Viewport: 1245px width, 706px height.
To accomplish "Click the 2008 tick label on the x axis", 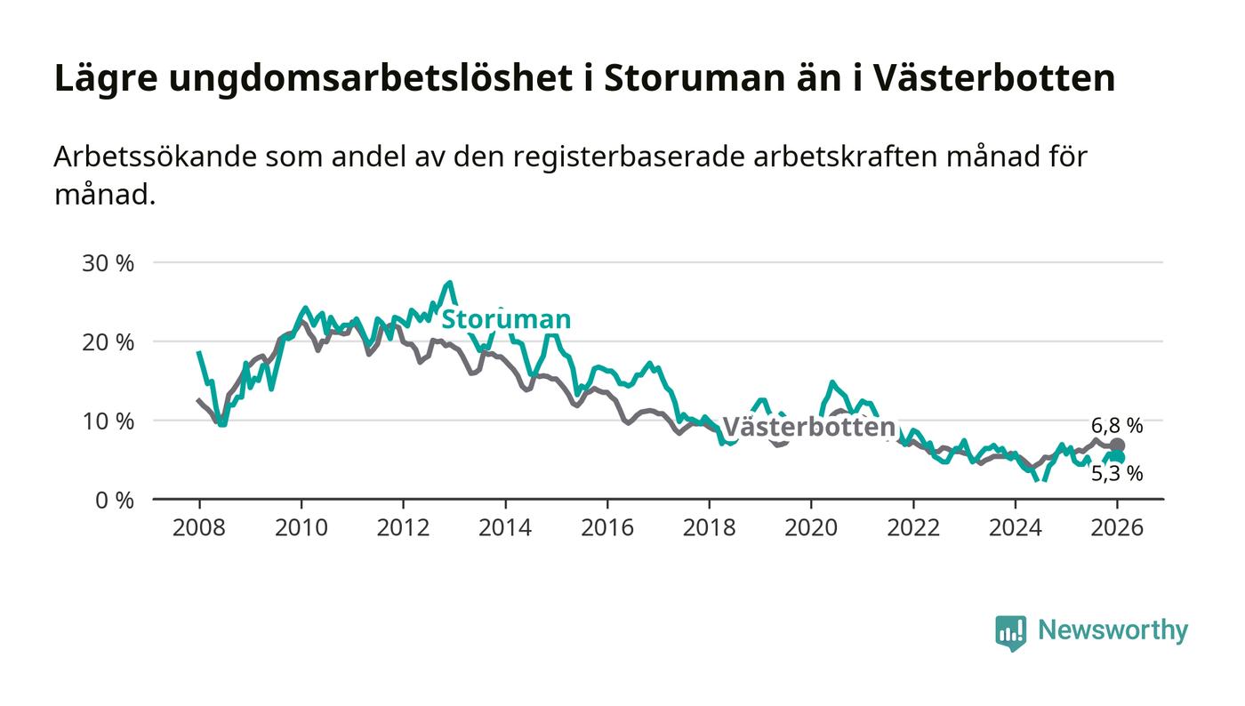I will pos(199,527).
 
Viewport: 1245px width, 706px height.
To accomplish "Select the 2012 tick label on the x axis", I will pos(403,527).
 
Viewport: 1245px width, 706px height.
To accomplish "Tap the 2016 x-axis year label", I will pos(606,527).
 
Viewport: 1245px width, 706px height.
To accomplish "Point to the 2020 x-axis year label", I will pos(811,527).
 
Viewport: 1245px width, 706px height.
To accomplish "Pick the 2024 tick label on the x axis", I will pos(1015,527).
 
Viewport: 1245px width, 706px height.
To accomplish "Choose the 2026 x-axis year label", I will pos(1117,527).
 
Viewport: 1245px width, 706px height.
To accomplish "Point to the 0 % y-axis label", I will pos(116,500).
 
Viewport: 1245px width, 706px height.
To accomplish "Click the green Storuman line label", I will pos(506,320).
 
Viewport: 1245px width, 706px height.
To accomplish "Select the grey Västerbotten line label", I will pos(807,428).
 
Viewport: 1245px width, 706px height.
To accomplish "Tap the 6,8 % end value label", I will pos(1117,425).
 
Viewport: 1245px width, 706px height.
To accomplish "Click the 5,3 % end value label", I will pos(1117,475).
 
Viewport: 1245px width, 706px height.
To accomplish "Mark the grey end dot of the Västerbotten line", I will pos(1117,445).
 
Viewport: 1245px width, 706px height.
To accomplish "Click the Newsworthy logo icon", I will pos(1010,632).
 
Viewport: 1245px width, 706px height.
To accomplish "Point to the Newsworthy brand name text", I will pos(1112,630).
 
